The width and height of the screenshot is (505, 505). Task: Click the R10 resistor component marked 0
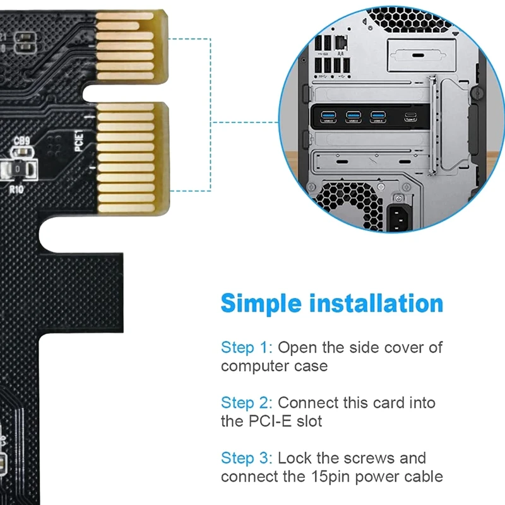click(x=17, y=169)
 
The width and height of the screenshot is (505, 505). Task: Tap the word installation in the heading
click(x=376, y=304)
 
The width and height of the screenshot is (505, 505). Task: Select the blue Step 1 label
click(x=244, y=347)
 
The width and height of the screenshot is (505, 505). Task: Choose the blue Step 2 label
click(x=244, y=403)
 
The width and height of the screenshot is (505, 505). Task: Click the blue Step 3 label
click(x=244, y=458)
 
